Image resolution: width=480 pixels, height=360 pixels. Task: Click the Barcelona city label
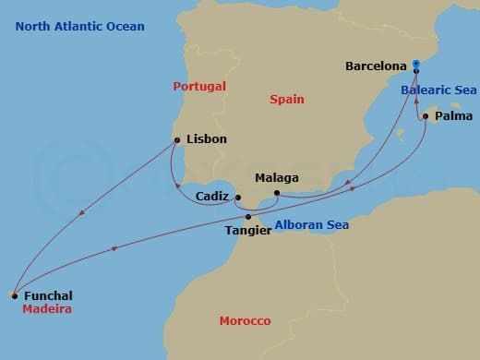pyautogui.click(x=376, y=66)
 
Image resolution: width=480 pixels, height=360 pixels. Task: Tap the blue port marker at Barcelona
pyautogui.click(x=416, y=66)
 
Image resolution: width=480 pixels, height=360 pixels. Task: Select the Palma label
pyautogui.click(x=453, y=117)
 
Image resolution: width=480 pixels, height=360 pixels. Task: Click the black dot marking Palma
pyautogui.click(x=426, y=117)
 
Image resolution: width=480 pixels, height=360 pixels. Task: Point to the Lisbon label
pyautogui.click(x=206, y=140)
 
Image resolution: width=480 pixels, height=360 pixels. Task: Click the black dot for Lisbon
pyautogui.click(x=176, y=140)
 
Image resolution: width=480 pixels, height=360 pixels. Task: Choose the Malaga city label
pyautogui.click(x=278, y=177)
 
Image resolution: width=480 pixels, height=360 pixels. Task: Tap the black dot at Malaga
pyautogui.click(x=276, y=193)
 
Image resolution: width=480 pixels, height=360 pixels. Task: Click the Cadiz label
pyautogui.click(x=213, y=197)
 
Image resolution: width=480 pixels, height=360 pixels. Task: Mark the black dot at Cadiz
pyautogui.click(x=237, y=198)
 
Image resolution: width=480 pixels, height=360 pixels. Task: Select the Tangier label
pyautogui.click(x=248, y=230)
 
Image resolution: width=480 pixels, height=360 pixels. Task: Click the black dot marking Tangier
pyautogui.click(x=248, y=217)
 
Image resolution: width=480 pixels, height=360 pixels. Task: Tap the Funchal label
pyautogui.click(x=47, y=295)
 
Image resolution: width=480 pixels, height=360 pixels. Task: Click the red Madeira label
pyautogui.click(x=48, y=309)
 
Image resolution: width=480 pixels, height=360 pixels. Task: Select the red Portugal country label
pyautogui.click(x=199, y=86)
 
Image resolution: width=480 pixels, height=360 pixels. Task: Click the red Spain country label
pyautogui.click(x=286, y=99)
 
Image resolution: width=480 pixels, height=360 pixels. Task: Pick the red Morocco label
pyautogui.click(x=245, y=320)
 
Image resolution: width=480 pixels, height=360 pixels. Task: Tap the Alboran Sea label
pyautogui.click(x=311, y=224)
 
